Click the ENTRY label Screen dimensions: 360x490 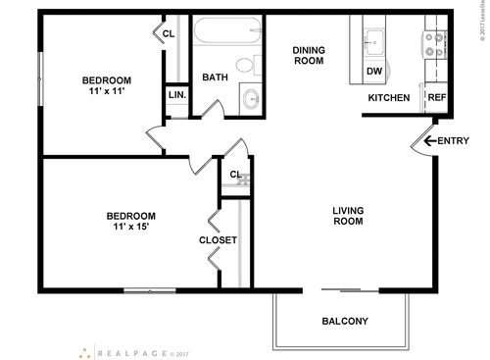(454, 141)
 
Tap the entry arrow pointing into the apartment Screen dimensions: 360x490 (428, 141)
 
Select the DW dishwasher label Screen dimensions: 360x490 (373, 71)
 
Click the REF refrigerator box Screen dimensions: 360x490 (436, 98)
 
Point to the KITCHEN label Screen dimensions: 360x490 (388, 98)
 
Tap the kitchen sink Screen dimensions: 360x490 (373, 41)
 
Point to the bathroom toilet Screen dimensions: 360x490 (257, 64)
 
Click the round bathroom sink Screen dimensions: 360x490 (251, 97)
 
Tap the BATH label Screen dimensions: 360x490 (215, 77)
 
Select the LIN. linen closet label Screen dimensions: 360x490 (176, 95)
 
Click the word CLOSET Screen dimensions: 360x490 (218, 240)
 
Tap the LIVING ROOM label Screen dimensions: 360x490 (348, 215)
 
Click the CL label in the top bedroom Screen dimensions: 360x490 (169, 34)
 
